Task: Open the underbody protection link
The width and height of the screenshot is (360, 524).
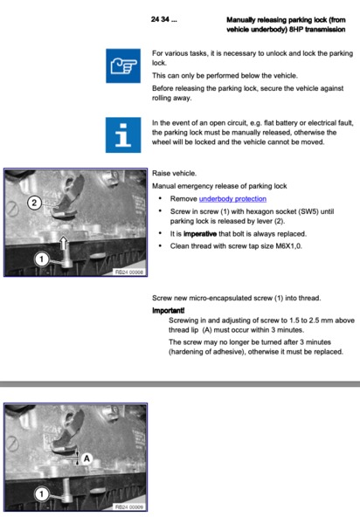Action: [x=232, y=199]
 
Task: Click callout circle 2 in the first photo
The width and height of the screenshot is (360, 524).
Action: [x=33, y=203]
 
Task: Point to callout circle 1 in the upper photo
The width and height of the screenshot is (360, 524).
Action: [x=40, y=258]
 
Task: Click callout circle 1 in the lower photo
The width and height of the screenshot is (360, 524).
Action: [x=40, y=493]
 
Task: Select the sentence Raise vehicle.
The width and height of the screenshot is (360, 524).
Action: [x=175, y=174]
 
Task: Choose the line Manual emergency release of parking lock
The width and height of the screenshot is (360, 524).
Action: [x=220, y=187]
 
